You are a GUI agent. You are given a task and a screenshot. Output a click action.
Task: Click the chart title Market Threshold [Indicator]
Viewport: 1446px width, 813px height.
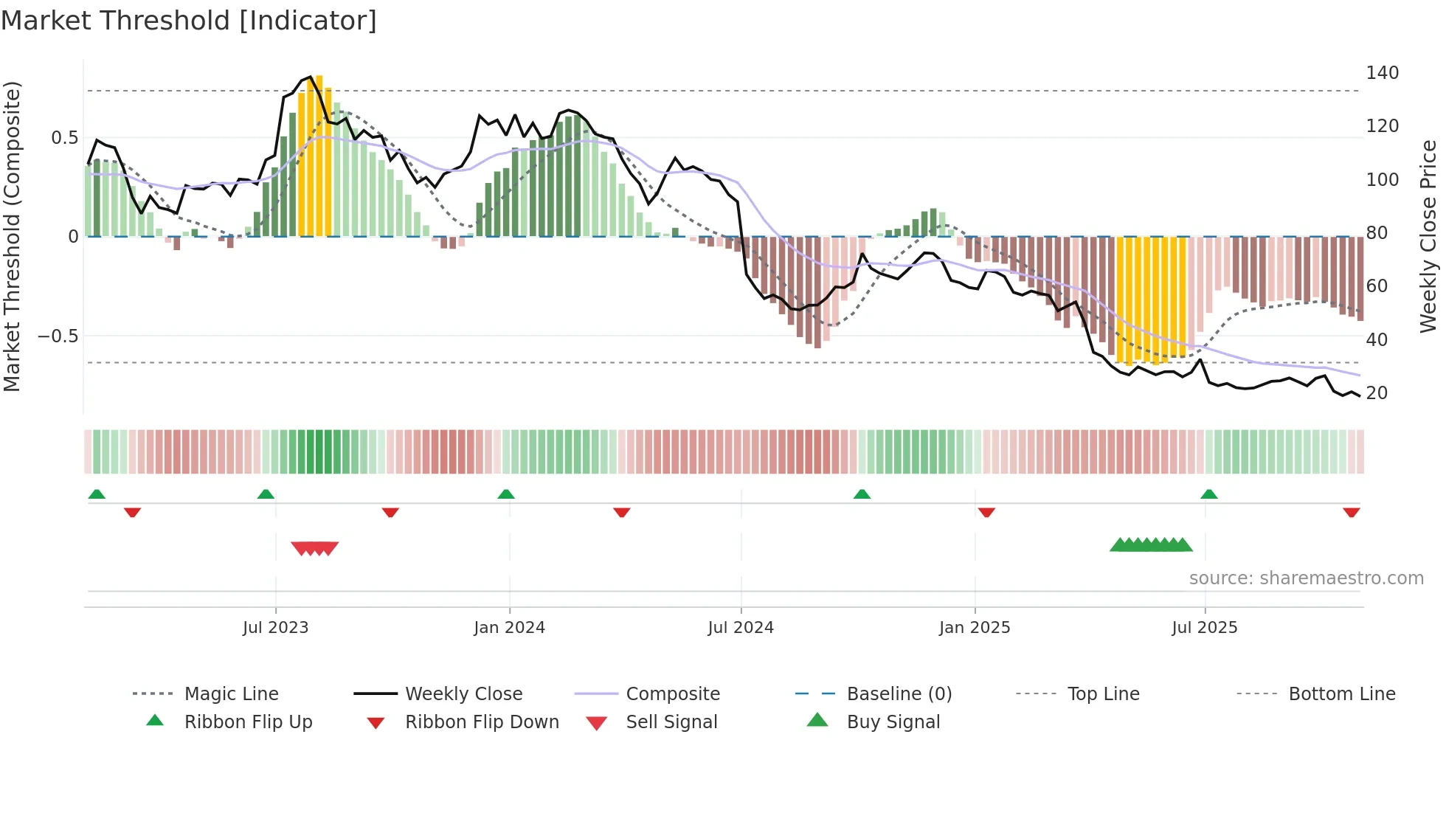coord(189,21)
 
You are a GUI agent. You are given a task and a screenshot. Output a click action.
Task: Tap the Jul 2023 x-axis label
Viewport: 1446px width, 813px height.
coord(275,628)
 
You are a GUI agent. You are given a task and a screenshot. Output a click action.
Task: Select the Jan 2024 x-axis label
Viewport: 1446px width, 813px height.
coord(509,628)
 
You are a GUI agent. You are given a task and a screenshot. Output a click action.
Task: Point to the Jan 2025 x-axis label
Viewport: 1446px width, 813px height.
coord(975,628)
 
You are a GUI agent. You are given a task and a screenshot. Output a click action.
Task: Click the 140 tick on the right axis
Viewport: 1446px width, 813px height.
coord(1382,73)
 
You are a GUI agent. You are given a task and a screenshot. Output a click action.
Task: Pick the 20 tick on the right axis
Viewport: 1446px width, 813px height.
coord(1377,393)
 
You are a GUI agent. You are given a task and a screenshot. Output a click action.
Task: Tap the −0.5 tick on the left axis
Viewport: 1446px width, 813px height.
coord(58,336)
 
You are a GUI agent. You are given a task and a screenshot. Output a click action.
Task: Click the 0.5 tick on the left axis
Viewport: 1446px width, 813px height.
coord(65,138)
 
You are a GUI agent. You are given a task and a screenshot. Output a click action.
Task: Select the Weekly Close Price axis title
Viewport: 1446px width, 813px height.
coord(1428,236)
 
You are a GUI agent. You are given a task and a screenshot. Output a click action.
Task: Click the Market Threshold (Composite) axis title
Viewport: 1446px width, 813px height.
coord(12,236)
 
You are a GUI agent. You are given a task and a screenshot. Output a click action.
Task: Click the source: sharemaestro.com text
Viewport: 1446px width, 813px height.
coord(1306,578)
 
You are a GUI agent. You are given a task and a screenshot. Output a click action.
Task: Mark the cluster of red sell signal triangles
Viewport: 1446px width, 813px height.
coord(315,548)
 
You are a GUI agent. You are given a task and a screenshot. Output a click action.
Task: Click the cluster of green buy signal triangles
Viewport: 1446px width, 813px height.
coord(1151,545)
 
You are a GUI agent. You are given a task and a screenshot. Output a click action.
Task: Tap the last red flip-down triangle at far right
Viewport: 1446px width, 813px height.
coord(1352,512)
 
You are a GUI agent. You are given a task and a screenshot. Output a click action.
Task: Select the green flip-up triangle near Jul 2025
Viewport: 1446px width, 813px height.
coord(1208,494)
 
